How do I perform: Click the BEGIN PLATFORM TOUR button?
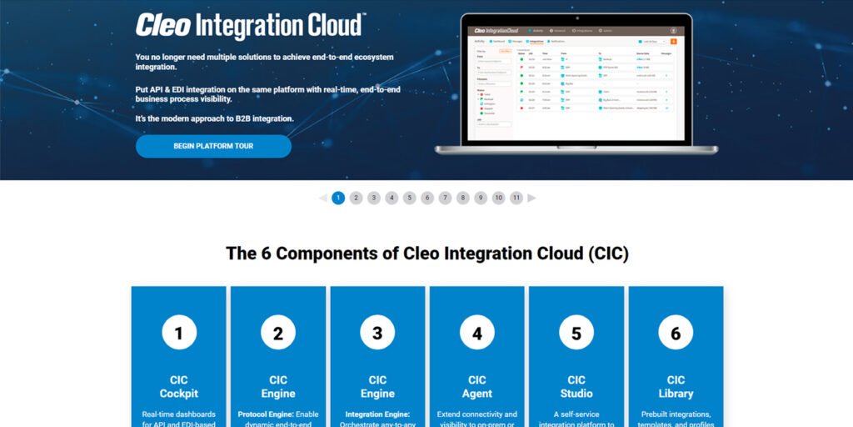click(x=213, y=146)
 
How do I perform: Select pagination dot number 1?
click(x=338, y=198)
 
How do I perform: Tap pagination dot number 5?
click(x=409, y=198)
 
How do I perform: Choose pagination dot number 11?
click(x=516, y=198)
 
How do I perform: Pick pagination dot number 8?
click(x=462, y=198)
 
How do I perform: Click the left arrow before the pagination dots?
click(x=322, y=198)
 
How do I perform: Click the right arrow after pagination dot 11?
click(x=532, y=198)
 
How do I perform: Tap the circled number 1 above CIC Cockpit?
click(x=178, y=334)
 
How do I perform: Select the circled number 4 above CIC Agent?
click(x=477, y=334)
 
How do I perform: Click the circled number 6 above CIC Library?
click(x=676, y=334)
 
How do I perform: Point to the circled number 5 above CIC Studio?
click(x=576, y=334)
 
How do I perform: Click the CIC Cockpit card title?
click(x=178, y=387)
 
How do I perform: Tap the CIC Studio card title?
click(x=576, y=387)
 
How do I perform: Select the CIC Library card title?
click(x=676, y=387)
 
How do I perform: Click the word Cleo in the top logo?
click(x=163, y=26)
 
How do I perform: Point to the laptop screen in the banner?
click(x=575, y=83)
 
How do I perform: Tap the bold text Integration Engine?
click(x=377, y=414)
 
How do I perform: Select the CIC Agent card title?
click(x=477, y=387)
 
